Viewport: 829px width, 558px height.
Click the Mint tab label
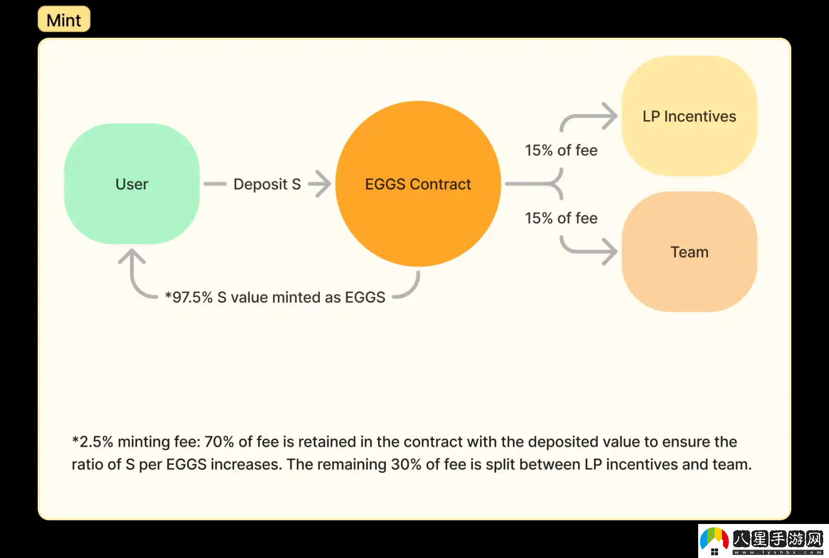click(x=64, y=20)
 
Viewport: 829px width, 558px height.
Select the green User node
click(x=132, y=184)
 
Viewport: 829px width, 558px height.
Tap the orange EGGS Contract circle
click(x=418, y=184)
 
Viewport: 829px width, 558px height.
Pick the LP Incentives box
click(x=689, y=116)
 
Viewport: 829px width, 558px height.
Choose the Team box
click(x=689, y=252)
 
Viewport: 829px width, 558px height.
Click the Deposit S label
click(x=267, y=184)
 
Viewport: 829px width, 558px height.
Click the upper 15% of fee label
click(x=561, y=150)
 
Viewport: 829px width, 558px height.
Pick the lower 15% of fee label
click(x=561, y=218)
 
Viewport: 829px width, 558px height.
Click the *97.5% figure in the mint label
click(x=189, y=297)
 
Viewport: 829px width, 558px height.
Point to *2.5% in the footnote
click(x=93, y=442)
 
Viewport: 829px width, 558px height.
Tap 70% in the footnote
click(x=219, y=442)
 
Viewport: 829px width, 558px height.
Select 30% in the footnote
click(x=406, y=464)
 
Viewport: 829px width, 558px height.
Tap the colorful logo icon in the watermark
click(x=714, y=541)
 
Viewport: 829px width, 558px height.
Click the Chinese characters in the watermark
click(x=778, y=539)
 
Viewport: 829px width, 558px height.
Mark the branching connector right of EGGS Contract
click(x=544, y=184)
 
